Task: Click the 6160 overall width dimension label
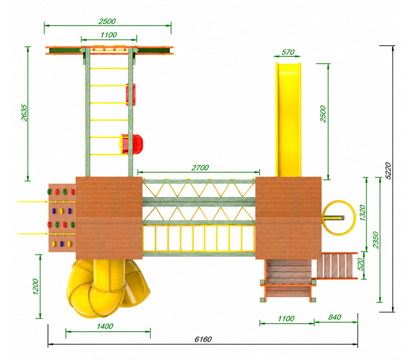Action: (x=203, y=339)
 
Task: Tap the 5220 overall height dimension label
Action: (x=389, y=171)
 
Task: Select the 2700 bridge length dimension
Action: (x=200, y=168)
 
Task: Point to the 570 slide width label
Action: (x=288, y=52)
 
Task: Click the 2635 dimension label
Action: (x=24, y=112)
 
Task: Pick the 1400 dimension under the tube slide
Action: (x=105, y=326)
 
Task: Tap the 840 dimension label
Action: (x=335, y=317)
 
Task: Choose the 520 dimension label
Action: (x=360, y=264)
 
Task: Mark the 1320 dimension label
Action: (x=362, y=213)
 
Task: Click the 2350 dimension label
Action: (x=376, y=240)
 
